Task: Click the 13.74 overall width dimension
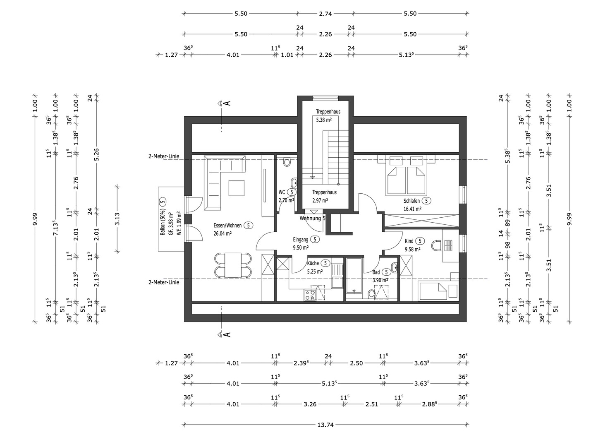(x=325, y=425)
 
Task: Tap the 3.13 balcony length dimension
(x=117, y=219)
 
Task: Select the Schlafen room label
(x=411, y=201)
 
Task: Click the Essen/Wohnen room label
(x=227, y=226)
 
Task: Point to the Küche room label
(x=313, y=263)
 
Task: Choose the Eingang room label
(x=301, y=240)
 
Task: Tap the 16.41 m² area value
(x=412, y=209)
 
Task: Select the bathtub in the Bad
(x=354, y=276)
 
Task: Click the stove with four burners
(x=310, y=295)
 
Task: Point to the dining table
(x=233, y=265)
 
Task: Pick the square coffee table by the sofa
(x=237, y=188)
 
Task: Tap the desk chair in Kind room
(x=437, y=245)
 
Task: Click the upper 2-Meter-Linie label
(x=164, y=156)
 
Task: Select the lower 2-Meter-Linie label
(x=164, y=282)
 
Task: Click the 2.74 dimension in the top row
(x=325, y=14)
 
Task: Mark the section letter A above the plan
(x=227, y=103)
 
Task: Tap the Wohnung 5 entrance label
(x=312, y=218)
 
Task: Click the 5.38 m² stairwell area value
(x=324, y=120)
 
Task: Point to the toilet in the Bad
(x=371, y=294)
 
